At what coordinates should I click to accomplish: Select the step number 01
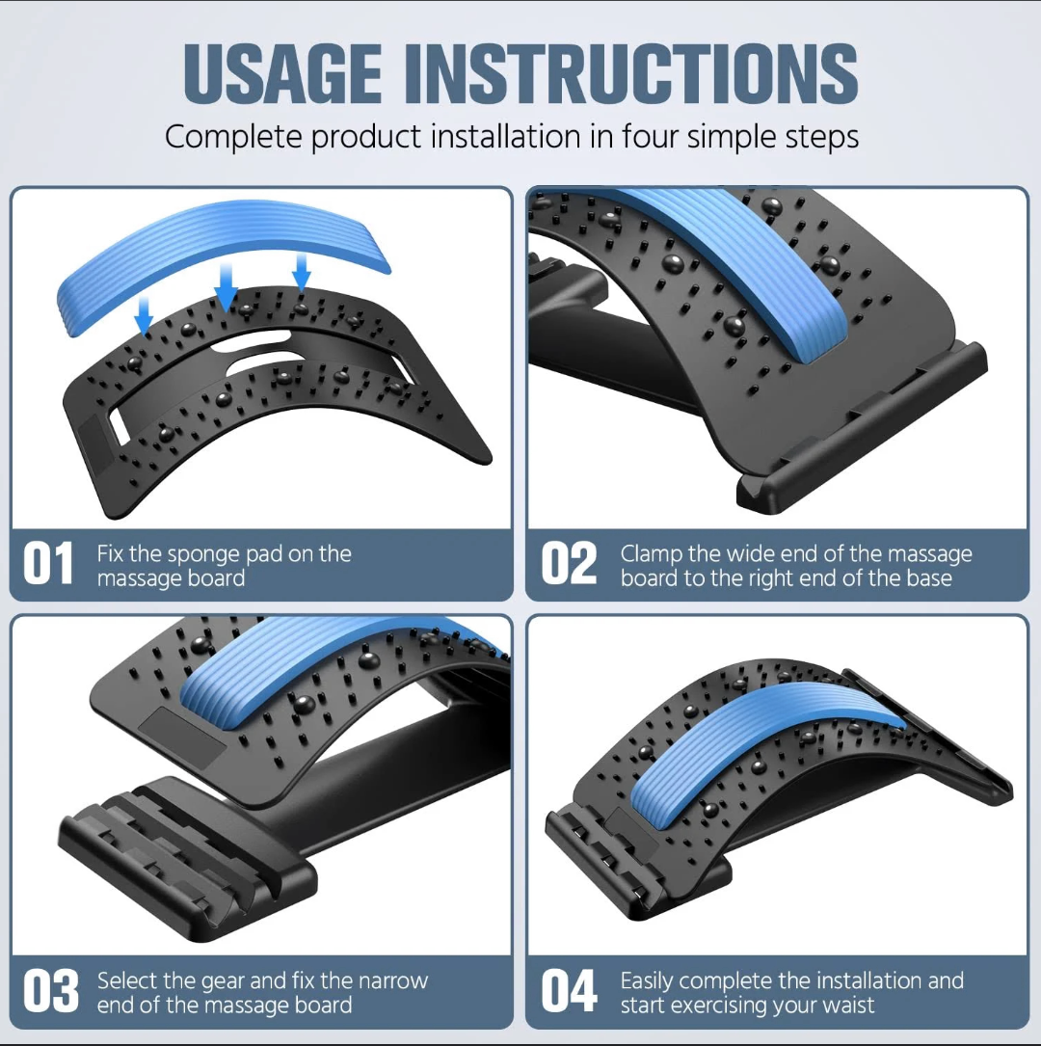pos(48,564)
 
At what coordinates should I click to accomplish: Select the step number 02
pos(569,564)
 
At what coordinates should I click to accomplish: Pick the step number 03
pos(51,991)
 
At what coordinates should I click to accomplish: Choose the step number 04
pos(569,991)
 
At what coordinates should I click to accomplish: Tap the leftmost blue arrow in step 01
pos(144,315)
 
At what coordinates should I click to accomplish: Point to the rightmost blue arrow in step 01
pos(302,272)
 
